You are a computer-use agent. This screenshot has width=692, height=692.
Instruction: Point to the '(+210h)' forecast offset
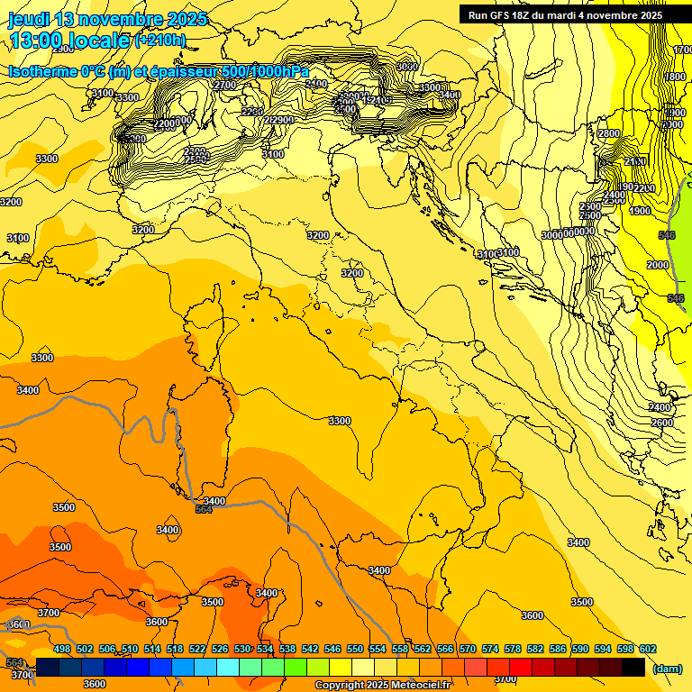[x=159, y=40]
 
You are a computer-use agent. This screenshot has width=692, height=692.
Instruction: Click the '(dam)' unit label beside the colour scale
[x=666, y=668]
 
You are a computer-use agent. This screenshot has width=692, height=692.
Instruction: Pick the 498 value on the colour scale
[x=62, y=649]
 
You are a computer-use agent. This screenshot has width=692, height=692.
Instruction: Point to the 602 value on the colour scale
[x=648, y=649]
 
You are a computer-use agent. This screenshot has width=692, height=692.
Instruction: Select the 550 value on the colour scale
[x=355, y=649]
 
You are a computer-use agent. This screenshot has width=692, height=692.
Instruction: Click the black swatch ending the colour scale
[x=633, y=668]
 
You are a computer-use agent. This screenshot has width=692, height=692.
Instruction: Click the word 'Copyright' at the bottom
[x=339, y=686]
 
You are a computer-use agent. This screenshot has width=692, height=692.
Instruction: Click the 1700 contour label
[x=682, y=50]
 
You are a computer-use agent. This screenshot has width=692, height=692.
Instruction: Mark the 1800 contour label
[x=675, y=77]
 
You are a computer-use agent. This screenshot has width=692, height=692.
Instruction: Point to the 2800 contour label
[x=609, y=133]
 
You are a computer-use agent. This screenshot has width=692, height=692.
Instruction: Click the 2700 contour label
[x=224, y=85]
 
